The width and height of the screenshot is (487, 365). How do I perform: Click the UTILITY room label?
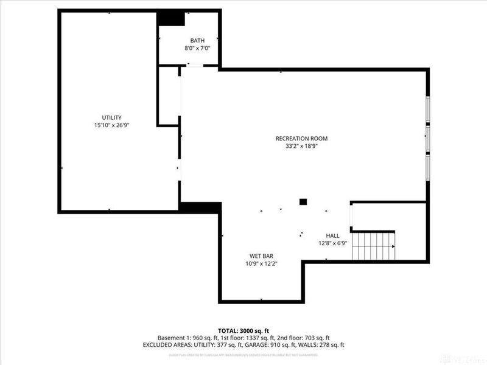coord(112,117)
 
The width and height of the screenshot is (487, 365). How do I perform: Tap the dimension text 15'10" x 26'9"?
coord(112,125)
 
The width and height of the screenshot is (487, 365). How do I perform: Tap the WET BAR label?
coord(261,255)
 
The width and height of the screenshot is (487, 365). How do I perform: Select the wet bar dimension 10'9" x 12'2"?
coord(261,263)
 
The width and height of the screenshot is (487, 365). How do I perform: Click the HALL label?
coord(332,235)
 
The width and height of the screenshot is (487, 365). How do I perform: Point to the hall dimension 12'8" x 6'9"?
coord(332,243)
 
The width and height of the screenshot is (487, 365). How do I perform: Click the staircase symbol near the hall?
coord(373,246)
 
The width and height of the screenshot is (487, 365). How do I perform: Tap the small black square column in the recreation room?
coord(303,201)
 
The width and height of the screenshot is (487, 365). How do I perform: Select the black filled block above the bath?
coord(171,18)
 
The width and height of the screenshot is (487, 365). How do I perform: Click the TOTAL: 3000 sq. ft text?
coord(243,330)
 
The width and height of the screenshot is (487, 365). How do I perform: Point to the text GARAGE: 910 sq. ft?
coord(279,345)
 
